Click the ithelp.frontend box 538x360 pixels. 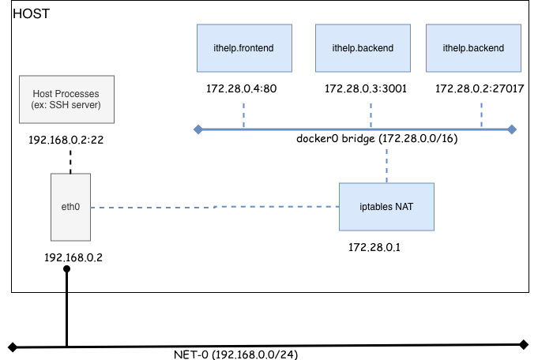(244, 48)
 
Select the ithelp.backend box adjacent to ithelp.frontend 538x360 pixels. (363, 48)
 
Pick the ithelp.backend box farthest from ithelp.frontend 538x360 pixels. (473, 48)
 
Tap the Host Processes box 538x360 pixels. (66, 99)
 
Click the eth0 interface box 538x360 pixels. (70, 207)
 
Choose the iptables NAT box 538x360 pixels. (386, 207)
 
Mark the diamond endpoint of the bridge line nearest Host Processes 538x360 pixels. (198, 129)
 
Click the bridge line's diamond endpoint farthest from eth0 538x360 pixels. (512, 129)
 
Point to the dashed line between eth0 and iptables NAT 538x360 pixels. (213, 208)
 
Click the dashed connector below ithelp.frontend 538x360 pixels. (244, 114)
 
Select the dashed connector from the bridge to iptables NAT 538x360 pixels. (386, 165)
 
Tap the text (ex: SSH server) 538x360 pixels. (66, 106)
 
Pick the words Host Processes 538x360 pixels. (66, 94)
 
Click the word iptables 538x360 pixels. (375, 207)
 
